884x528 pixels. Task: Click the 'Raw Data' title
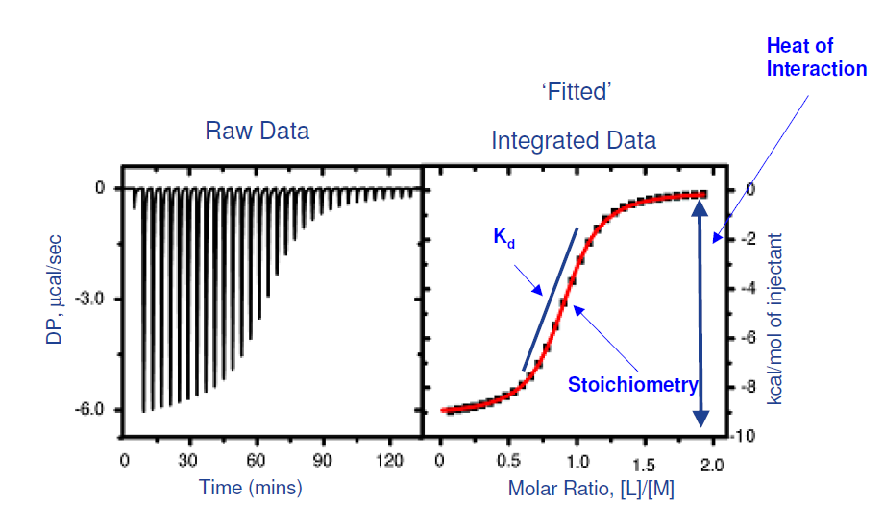[x=258, y=131]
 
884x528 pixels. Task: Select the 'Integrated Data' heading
[x=574, y=140]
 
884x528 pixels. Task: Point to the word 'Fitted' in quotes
[x=577, y=92]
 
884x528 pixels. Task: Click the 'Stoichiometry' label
[x=632, y=386]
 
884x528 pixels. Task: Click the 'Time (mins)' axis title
[x=251, y=487]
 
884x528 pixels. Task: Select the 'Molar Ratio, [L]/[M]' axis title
[x=591, y=488]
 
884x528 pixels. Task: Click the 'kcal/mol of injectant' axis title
[x=775, y=317]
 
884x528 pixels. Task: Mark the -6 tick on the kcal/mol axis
[x=742, y=338]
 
